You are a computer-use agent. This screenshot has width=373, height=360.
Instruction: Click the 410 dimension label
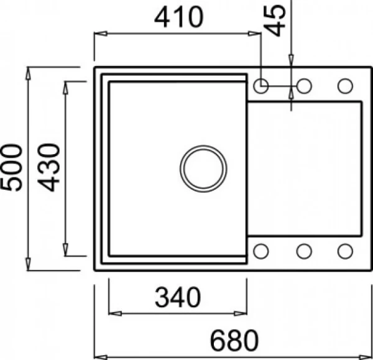[179, 17]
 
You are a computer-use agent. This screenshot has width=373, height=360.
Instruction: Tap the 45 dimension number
[275, 21]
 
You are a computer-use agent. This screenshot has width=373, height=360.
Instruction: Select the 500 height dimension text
[12, 167]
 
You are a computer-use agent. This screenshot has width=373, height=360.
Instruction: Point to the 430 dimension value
[48, 167]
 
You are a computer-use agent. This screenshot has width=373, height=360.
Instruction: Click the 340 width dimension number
[178, 297]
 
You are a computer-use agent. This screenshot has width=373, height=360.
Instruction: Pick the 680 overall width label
[234, 341]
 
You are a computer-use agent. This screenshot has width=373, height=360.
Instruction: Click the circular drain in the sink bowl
[203, 168]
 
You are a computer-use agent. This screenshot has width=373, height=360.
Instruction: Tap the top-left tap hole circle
[261, 86]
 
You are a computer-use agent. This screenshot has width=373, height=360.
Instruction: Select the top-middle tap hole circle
[304, 86]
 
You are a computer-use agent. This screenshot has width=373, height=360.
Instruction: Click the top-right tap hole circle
[345, 86]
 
